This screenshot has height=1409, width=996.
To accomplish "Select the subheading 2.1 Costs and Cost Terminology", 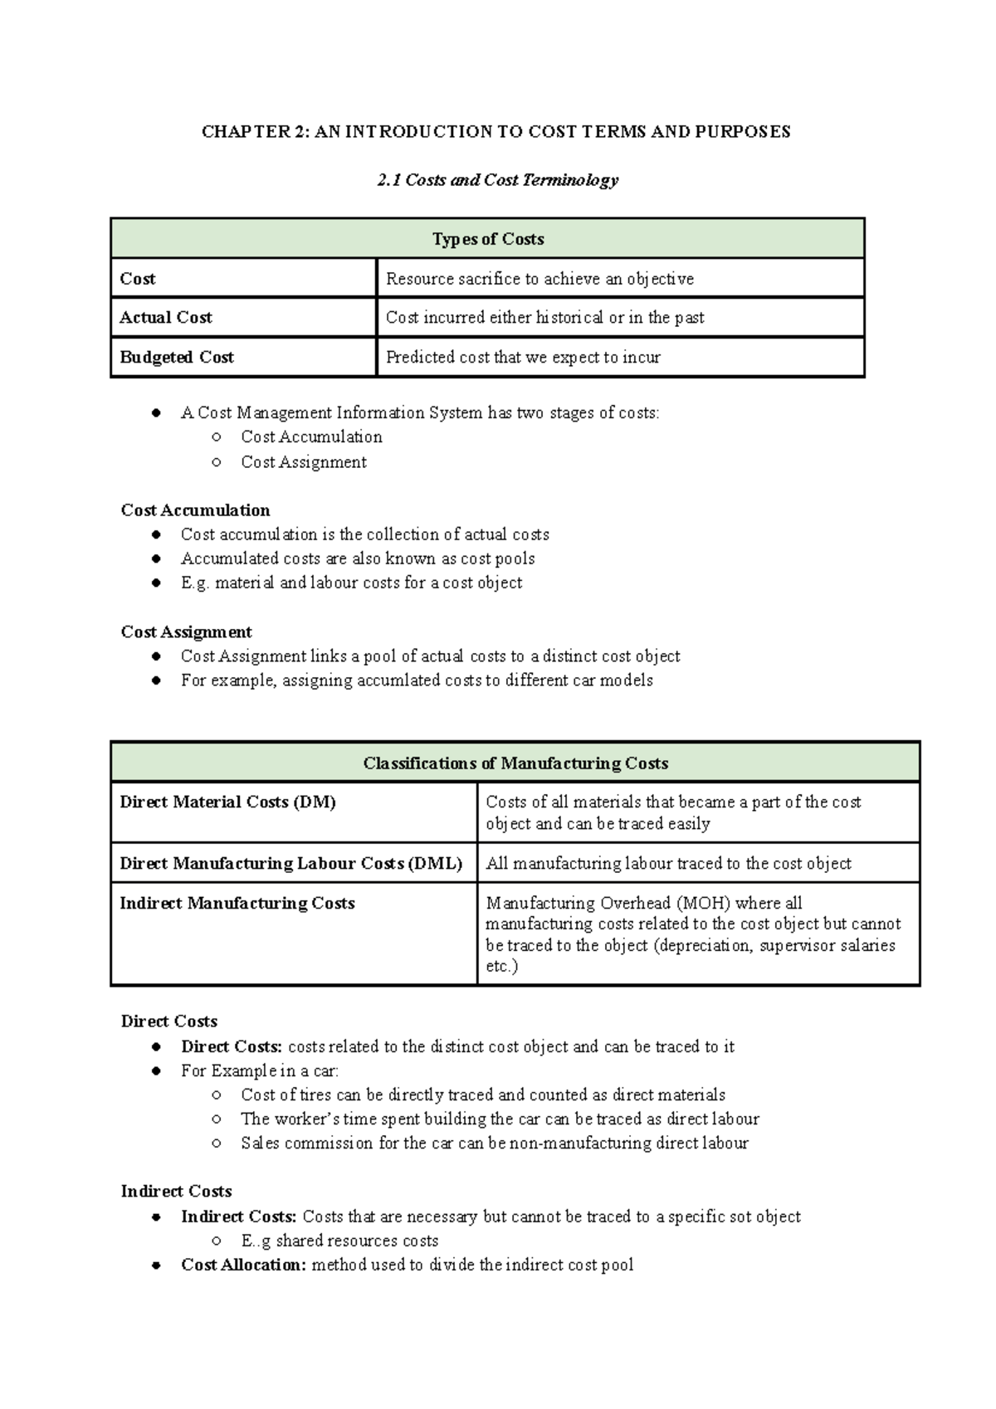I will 497,180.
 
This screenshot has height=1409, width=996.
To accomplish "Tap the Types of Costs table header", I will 487,239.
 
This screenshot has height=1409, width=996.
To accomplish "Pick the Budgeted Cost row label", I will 177,358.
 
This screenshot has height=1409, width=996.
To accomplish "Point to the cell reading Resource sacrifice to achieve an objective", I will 539,279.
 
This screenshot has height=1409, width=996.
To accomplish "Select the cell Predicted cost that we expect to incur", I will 523,358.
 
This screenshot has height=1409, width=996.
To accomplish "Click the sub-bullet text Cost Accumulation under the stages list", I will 311,437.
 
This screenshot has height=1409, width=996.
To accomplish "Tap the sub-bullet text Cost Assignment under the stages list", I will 304,462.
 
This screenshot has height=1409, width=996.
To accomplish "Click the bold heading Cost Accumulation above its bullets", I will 195,510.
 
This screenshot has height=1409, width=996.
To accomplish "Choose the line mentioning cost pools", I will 358,558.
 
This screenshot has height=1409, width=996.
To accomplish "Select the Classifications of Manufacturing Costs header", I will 515,763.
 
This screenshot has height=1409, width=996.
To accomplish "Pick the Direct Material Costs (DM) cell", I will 227,802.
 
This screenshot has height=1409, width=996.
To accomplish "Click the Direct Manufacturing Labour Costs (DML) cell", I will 290,864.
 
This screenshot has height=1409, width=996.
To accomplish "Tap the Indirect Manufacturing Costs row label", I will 237,904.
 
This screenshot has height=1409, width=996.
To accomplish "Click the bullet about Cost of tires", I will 483,1095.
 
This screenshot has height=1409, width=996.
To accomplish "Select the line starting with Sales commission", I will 495,1143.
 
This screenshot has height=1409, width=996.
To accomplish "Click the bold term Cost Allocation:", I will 243,1265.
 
